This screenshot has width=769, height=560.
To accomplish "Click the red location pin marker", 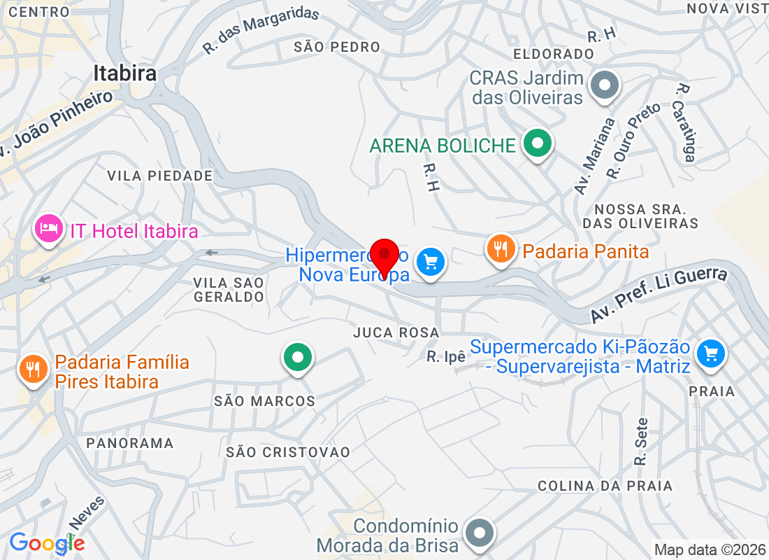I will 384,258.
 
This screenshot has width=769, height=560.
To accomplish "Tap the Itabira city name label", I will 124,73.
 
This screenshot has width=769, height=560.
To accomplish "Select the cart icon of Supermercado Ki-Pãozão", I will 711,351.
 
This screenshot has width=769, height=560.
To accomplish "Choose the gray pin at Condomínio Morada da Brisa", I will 480,533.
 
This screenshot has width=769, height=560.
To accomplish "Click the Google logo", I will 47,542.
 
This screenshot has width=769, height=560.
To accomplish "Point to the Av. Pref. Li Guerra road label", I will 659,295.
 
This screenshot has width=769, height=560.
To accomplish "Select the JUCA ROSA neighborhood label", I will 396,332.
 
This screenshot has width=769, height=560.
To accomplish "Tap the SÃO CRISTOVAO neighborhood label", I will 288,452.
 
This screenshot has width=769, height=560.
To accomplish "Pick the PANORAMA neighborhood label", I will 130,443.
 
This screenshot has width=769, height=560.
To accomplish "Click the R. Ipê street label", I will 446,357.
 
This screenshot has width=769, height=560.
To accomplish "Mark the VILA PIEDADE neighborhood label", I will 160,176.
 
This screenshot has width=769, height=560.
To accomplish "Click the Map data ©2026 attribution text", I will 710,549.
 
